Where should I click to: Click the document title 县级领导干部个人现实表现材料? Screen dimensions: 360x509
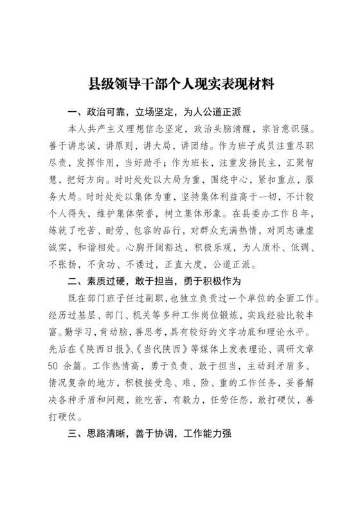[x=179, y=84]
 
